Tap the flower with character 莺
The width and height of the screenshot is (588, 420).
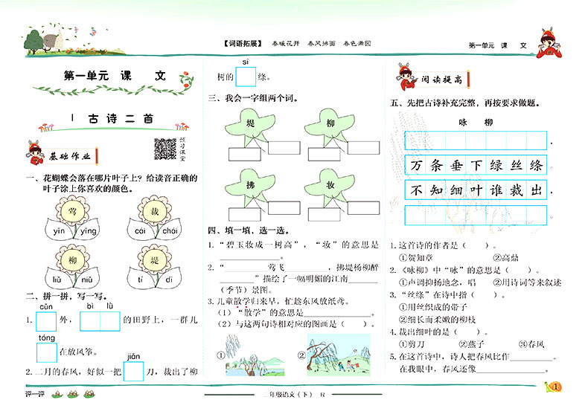tap(71, 213)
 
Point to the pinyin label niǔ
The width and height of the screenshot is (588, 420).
tap(87, 280)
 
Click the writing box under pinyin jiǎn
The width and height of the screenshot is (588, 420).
tap(134, 370)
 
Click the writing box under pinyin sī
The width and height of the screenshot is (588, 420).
tap(245, 77)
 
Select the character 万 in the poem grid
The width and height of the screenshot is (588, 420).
tap(416, 165)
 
